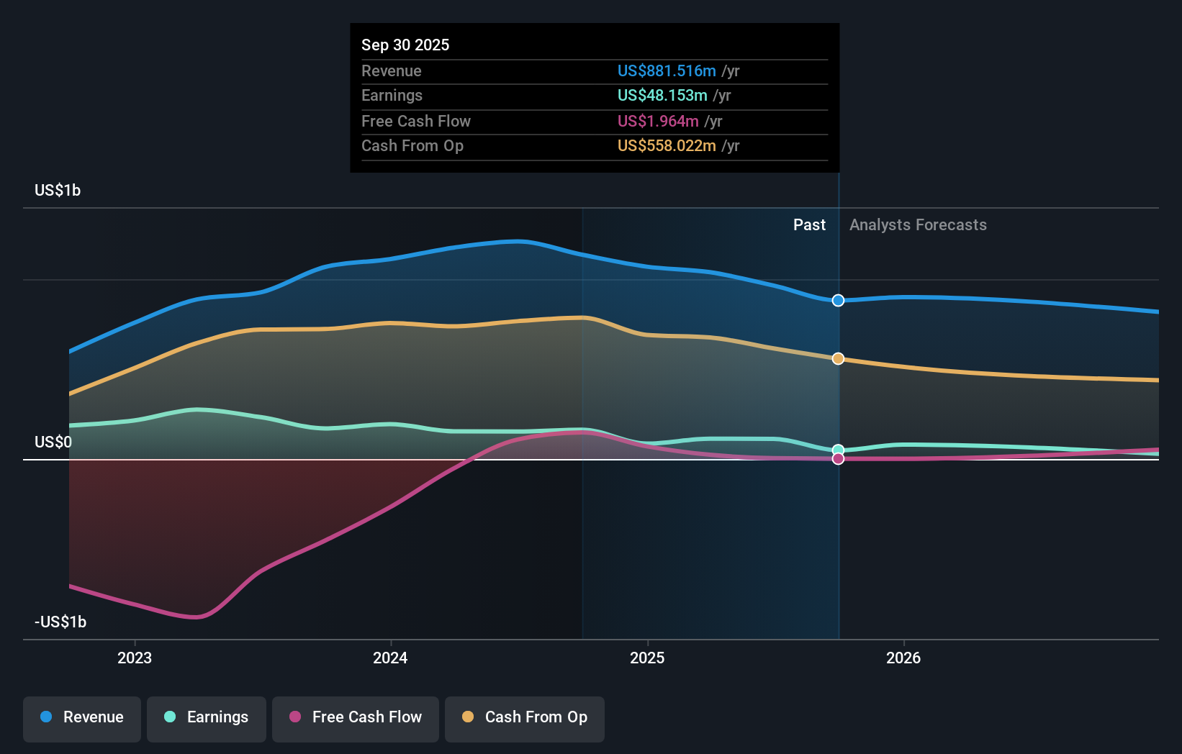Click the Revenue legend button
point(82,717)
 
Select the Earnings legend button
point(207,717)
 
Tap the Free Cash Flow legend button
point(356,717)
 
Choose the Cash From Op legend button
point(525,717)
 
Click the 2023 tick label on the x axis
point(135,658)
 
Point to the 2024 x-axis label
point(390,658)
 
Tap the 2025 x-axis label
point(647,658)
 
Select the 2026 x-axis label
point(903,658)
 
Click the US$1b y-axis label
point(58,191)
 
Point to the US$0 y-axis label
point(53,442)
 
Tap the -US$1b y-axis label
point(60,622)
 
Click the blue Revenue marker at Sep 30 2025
point(838,301)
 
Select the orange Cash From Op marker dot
point(838,358)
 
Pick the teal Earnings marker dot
point(838,450)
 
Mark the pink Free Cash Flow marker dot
point(838,459)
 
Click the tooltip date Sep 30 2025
point(405,45)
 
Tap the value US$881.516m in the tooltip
point(667,71)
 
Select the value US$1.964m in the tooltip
point(658,121)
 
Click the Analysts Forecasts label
point(918,225)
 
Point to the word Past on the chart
point(809,225)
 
